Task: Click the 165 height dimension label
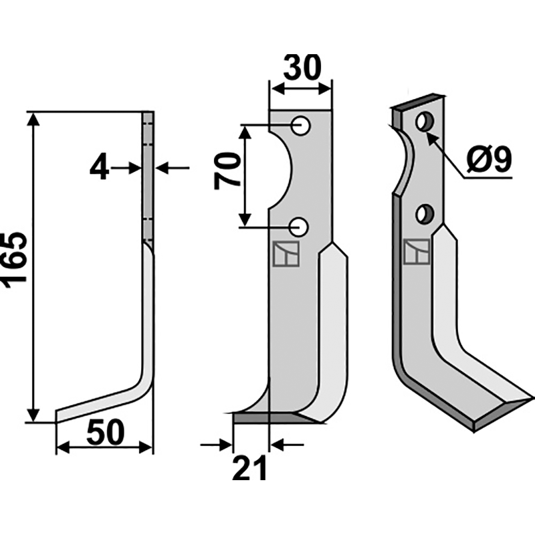tap(15, 259)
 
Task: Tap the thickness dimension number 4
tap(99, 167)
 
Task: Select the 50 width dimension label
tap(106, 434)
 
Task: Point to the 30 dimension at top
tap(302, 69)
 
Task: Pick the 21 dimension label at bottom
tap(249, 467)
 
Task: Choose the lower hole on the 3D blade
tap(422, 214)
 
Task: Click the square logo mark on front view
tap(285, 255)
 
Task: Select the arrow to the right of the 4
tap(164, 167)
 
